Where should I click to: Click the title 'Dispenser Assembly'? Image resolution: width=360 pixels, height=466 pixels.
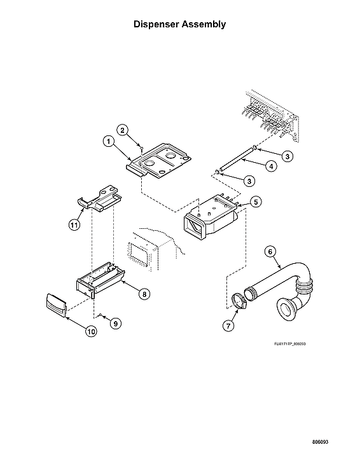click(x=179, y=25)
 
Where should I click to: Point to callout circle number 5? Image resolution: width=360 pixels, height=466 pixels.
click(x=255, y=202)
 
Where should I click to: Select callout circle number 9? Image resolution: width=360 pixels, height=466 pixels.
click(x=116, y=323)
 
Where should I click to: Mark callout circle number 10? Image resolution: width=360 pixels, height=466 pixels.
click(x=92, y=332)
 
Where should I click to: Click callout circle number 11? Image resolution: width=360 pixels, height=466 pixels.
click(x=74, y=224)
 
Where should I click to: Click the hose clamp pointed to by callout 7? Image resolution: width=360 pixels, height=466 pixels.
click(x=238, y=299)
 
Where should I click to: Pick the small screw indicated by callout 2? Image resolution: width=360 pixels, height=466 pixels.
click(x=141, y=148)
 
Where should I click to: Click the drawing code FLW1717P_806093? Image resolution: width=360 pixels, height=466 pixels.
click(x=289, y=343)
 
